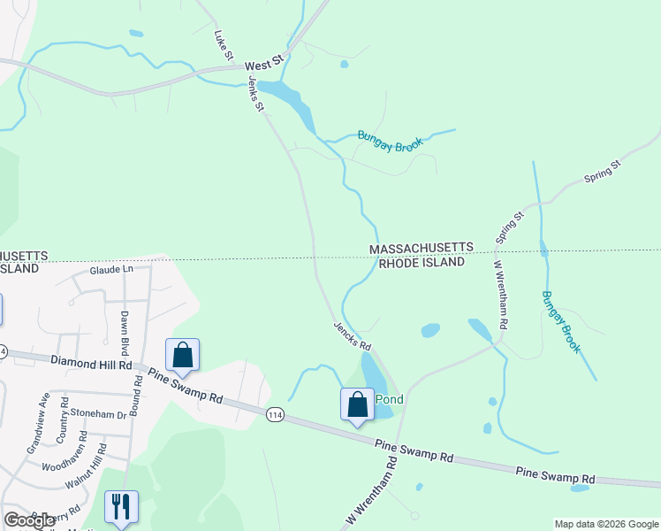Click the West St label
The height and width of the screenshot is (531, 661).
[x=262, y=65]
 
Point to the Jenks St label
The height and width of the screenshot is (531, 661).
[x=256, y=93]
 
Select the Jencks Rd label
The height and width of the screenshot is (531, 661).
[x=351, y=334]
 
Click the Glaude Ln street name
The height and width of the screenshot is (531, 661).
[x=110, y=269]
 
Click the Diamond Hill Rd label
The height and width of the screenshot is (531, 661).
[x=91, y=363]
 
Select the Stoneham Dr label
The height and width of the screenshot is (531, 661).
[x=99, y=413]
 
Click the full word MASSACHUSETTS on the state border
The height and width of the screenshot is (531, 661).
[x=421, y=249]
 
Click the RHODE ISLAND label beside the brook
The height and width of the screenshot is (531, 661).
[x=422, y=263]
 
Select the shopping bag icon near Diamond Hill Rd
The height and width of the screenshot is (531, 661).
[x=182, y=355]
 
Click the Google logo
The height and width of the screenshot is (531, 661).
[x=30, y=520]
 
